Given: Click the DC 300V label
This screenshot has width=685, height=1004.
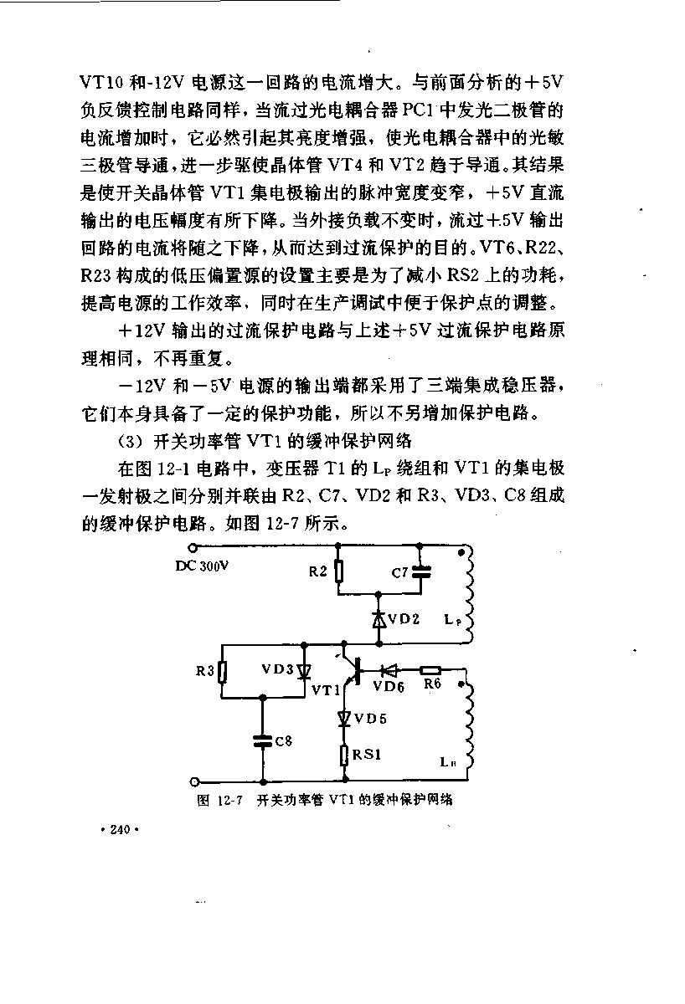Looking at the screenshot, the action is tap(202, 566).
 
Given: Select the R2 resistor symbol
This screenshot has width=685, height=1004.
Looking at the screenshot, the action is tap(340, 572).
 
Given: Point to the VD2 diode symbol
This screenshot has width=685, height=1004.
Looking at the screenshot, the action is tap(379, 620).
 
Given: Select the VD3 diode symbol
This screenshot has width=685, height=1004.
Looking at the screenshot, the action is tap(305, 671).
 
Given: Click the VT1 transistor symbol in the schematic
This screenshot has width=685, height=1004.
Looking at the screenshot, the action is tap(353, 669).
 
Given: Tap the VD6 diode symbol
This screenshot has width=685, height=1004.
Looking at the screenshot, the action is tap(389, 670).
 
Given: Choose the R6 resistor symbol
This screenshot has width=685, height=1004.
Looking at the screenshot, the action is tap(430, 670).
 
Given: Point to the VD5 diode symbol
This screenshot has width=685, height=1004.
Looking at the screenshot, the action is tap(344, 720).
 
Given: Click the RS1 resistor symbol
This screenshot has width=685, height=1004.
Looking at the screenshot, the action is tap(344, 756).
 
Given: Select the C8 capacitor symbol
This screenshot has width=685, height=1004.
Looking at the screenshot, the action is tap(263, 741).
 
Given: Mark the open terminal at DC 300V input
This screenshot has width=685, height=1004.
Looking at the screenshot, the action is tap(193, 547).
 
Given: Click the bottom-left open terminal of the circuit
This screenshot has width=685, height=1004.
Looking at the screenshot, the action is tap(194, 782).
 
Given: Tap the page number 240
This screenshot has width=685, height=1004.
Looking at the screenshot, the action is tap(120, 830).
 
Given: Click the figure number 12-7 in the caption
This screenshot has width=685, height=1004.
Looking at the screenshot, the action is tap(229, 801).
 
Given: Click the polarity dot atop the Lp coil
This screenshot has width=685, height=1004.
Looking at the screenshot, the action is tap(461, 553).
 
